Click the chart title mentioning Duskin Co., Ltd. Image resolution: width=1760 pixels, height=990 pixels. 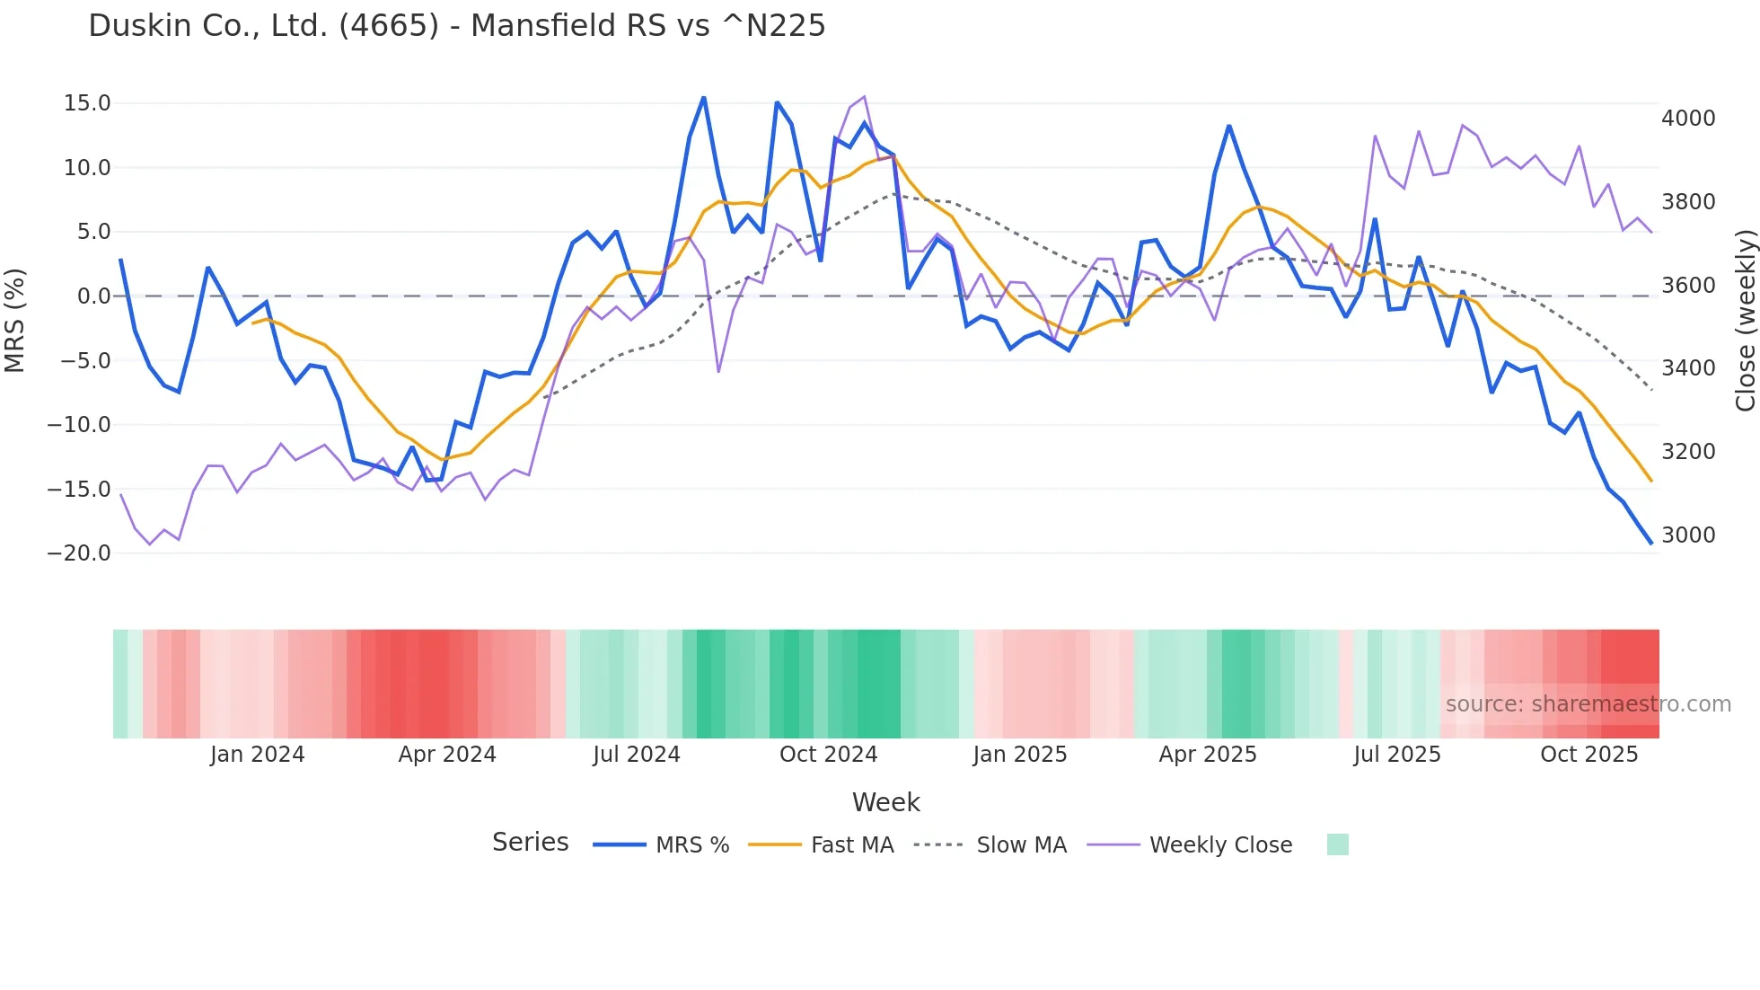[x=456, y=26]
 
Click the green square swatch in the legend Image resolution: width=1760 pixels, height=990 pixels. [x=1337, y=844]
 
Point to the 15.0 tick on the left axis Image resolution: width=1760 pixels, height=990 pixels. [x=87, y=103]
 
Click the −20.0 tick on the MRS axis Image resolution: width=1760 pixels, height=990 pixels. [x=79, y=553]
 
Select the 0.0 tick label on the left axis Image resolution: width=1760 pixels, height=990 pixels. [x=93, y=296]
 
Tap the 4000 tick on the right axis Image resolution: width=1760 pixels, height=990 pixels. [x=1688, y=119]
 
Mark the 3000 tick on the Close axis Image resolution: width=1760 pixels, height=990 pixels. [x=1688, y=535]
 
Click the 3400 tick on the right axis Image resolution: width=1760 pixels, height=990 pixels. [x=1688, y=368]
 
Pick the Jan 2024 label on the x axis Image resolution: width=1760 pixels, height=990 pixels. [x=258, y=755]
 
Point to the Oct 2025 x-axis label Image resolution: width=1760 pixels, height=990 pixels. [x=1588, y=755]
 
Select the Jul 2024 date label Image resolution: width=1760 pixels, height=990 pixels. [x=637, y=755]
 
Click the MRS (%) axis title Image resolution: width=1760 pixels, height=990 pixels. [x=15, y=321]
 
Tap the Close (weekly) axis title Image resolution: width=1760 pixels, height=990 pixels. [x=1745, y=321]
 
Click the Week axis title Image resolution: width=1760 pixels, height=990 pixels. [x=885, y=802]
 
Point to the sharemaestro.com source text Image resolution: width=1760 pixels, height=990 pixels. [x=1588, y=704]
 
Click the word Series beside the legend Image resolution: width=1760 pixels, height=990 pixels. [x=530, y=843]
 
